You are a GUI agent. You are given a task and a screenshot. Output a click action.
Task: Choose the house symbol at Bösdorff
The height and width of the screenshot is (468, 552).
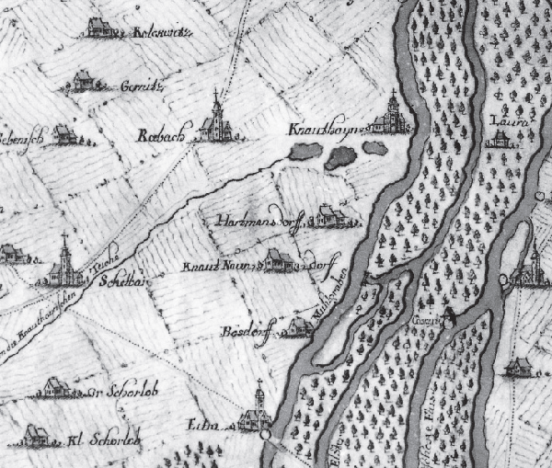pos(294,326)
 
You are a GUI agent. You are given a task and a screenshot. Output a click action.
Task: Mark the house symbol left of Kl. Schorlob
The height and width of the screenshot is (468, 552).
pos(37,433)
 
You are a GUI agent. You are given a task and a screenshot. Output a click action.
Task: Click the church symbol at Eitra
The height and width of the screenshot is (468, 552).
pos(259,411)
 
